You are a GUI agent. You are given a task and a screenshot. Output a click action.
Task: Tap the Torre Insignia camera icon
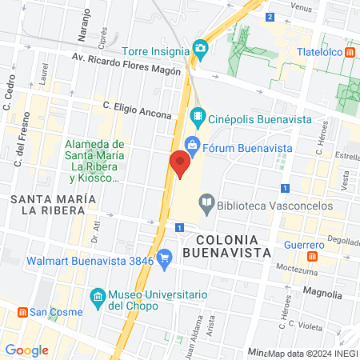point(200,48)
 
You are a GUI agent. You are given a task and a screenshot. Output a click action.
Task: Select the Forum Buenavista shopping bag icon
point(192,145)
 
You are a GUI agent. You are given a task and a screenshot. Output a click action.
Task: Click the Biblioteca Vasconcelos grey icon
point(207,203)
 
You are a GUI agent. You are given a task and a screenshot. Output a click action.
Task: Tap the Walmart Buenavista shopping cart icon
point(166,258)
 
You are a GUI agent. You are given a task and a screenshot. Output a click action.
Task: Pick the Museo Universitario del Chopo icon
point(98,298)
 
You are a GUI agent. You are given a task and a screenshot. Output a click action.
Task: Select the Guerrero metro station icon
point(314,258)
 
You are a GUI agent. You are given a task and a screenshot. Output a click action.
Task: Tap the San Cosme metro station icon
point(25,312)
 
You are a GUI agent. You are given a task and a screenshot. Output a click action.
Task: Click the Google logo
point(26,350)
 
